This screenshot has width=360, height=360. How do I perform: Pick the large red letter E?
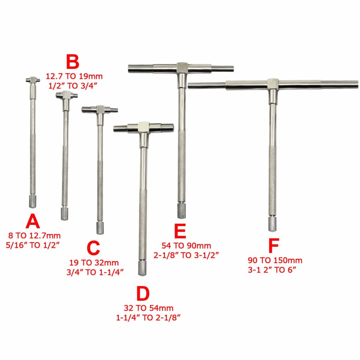pyautogui.click(x=179, y=232)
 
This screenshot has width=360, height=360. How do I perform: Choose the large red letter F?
pyautogui.click(x=273, y=246)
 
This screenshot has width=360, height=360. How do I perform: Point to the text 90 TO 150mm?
pyautogui.click(x=275, y=261)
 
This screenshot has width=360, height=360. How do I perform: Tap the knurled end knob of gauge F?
pyautogui.click(x=272, y=224)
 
